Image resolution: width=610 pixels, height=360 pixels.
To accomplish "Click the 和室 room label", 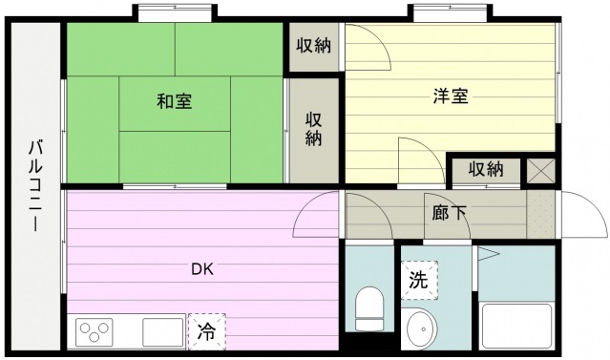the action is (175, 101).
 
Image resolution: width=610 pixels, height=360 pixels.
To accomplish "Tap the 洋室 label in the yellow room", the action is (451, 96).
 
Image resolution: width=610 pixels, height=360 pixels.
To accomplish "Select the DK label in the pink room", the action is (202, 269).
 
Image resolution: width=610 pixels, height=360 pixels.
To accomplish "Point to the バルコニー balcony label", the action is (35, 186).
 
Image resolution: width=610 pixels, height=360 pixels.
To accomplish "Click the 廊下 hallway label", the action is (449, 213).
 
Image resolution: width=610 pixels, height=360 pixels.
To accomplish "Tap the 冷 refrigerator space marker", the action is (206, 331).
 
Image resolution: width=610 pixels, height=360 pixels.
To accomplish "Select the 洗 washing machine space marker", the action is (419, 280).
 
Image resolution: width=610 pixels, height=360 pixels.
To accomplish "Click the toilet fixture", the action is (370, 308).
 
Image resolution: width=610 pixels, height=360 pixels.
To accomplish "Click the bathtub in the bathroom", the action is (517, 327).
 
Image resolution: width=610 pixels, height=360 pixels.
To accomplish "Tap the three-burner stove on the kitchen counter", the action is (95, 332).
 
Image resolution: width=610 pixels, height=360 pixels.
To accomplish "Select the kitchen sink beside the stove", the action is (163, 332).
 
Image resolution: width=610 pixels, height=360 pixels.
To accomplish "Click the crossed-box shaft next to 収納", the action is (540, 171).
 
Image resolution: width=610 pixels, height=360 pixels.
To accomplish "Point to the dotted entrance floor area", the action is (540, 214).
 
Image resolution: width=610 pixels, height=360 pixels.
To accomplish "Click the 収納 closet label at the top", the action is (313, 46).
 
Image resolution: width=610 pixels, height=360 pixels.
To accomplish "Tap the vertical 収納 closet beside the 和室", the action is (313, 130).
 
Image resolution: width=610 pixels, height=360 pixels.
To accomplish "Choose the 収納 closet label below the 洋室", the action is (486, 169).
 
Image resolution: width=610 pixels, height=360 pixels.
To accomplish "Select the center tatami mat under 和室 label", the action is (175, 104).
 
